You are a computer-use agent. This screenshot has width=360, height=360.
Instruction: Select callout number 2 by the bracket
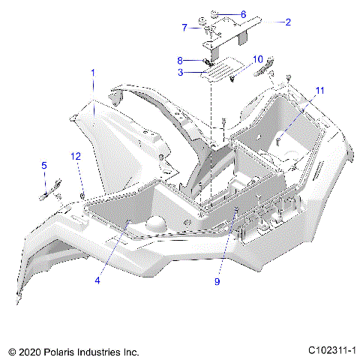[288, 22]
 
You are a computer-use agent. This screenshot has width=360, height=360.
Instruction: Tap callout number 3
[181, 73]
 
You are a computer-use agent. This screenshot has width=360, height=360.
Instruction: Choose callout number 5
[43, 165]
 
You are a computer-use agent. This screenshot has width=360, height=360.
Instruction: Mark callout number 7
[184, 28]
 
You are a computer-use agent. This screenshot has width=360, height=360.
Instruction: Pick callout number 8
[180, 60]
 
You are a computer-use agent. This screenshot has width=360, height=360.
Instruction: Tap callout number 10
[257, 58]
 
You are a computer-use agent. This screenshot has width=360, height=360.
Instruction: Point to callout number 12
[75, 156]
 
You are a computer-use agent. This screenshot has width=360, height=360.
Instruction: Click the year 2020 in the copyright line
[28, 350]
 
